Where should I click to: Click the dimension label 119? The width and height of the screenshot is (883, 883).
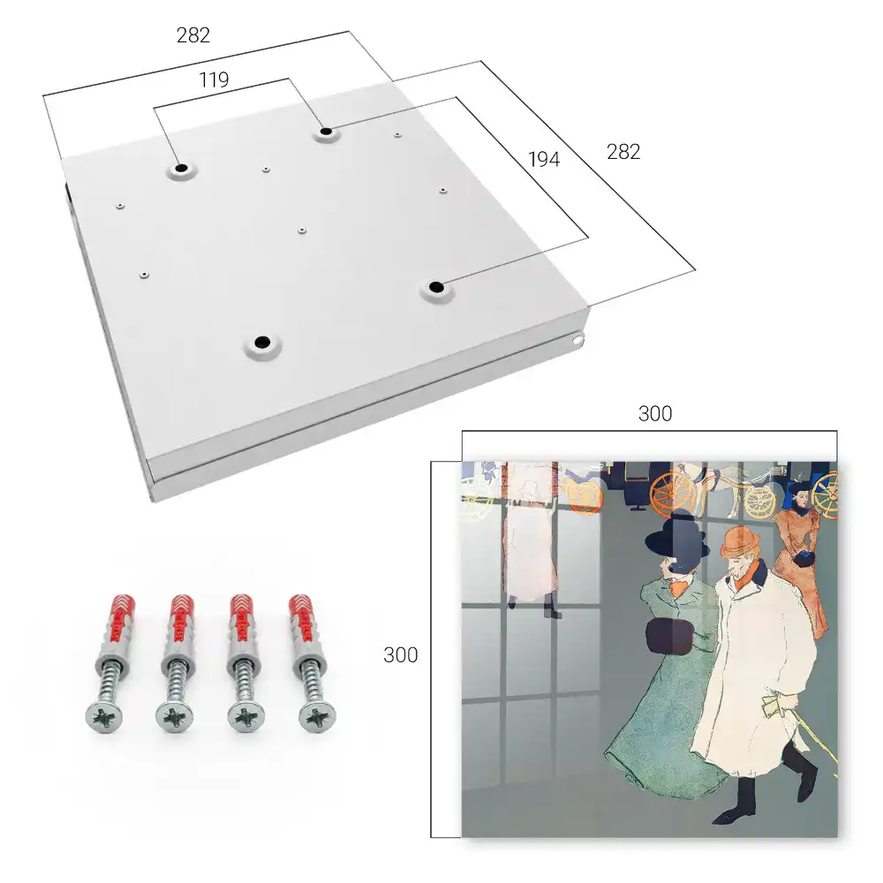[x=214, y=80]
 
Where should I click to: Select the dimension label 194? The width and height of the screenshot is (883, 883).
[x=544, y=159]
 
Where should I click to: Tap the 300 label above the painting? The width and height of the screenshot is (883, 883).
[x=655, y=413]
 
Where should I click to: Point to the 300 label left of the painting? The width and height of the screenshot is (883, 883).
[x=400, y=655]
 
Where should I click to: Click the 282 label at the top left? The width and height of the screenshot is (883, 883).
[x=193, y=35]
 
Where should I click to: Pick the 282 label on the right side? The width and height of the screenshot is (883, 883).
[x=623, y=152]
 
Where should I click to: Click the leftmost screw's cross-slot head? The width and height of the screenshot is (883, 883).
[x=104, y=718]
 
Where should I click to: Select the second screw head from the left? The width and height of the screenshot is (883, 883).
[x=174, y=718]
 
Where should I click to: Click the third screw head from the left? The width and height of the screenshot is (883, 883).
[x=246, y=718]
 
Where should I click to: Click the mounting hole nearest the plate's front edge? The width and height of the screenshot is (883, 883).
[x=262, y=342]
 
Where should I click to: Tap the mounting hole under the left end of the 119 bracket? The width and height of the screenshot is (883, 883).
[x=181, y=168]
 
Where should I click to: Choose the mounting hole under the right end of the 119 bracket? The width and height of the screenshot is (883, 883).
[x=326, y=132]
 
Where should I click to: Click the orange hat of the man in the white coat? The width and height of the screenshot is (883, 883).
[x=741, y=542]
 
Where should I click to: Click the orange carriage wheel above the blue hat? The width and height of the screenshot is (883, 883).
[x=674, y=492]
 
